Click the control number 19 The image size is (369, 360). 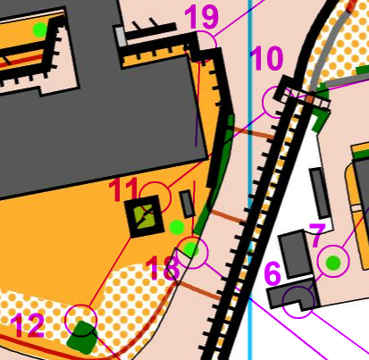[x=202, y=16]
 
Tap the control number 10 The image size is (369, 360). [x=266, y=58]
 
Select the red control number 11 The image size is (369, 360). [x=123, y=189]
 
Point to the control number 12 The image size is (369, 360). [x=28, y=326]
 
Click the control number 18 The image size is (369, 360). [x=163, y=269]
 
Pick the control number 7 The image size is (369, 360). [x=317, y=235]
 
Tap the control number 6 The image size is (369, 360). [x=273, y=273]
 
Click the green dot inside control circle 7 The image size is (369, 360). [x=333, y=263]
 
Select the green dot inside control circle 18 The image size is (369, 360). [x=190, y=249]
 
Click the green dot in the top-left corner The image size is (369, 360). [x=40, y=29]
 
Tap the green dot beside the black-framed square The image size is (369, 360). [x=177, y=228]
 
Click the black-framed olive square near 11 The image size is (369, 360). [x=145, y=215]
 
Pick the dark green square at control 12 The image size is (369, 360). [x=82, y=338]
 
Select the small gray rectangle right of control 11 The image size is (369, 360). [x=188, y=204]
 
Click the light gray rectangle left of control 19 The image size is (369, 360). [x=121, y=37]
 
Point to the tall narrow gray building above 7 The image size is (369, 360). [x=320, y=193]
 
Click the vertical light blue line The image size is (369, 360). [x=250, y=180]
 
